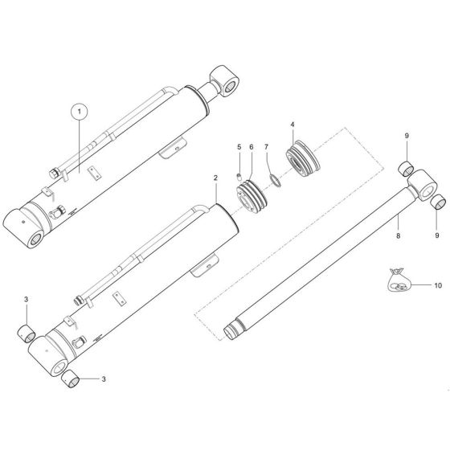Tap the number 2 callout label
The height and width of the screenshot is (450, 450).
pos(215,178)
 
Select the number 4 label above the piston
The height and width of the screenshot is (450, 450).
pos(292,125)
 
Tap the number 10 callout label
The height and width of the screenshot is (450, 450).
pos(438,285)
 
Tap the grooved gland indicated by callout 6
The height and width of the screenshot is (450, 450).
pos(250,197)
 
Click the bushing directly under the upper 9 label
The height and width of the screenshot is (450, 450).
pos(407,170)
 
